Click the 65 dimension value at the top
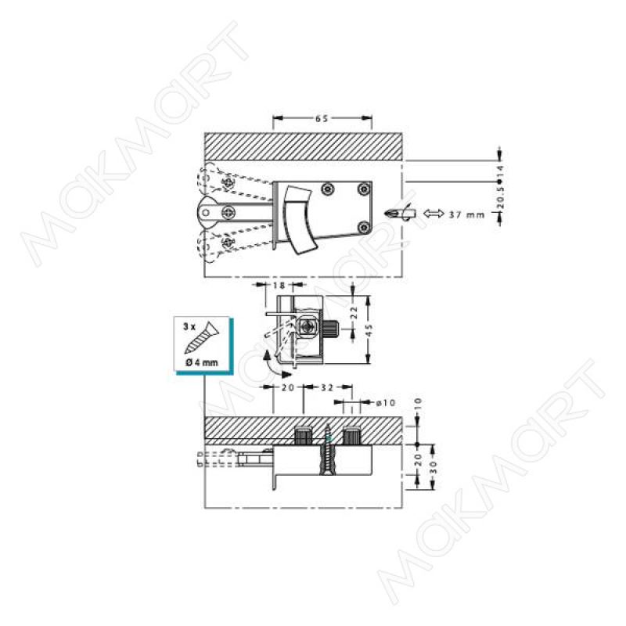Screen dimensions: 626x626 click(322, 119)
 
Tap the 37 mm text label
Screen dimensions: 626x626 click(466, 214)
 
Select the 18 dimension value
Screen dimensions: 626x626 click(280, 285)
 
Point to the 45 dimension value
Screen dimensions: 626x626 click(369, 329)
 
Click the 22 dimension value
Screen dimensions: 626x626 click(353, 312)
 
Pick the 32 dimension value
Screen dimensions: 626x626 click(327, 387)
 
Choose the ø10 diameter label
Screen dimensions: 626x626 click(386, 402)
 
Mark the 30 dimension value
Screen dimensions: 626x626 click(434, 467)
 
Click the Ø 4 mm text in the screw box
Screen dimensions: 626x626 click(202, 362)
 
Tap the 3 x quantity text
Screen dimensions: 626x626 click(189, 326)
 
